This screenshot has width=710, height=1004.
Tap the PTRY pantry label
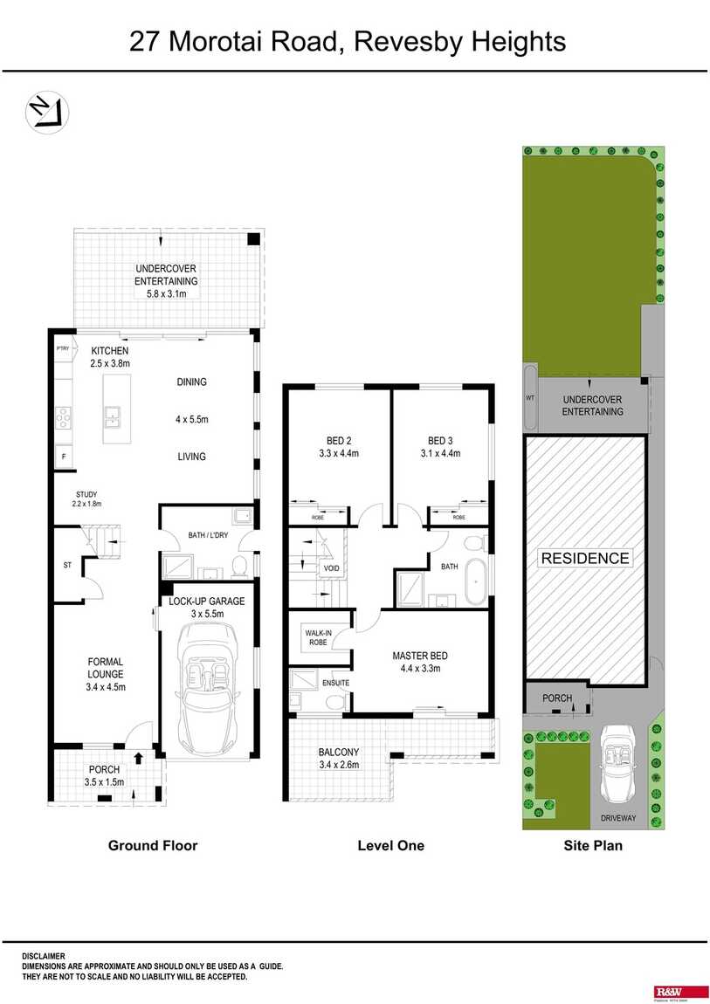62,349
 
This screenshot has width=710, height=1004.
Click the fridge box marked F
63,456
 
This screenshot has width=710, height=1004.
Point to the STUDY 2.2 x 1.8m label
86,499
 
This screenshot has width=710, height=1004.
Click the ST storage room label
67,566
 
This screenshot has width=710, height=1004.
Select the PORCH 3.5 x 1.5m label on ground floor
105,775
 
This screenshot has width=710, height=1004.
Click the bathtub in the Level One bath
477,582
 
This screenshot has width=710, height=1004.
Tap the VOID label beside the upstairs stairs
331,568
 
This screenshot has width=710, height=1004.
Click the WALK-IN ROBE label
316,637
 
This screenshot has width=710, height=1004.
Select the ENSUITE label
335,683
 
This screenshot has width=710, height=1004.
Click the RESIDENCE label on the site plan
584,558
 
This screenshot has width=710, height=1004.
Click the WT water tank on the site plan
530,397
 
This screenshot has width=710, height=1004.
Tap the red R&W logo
668,992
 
